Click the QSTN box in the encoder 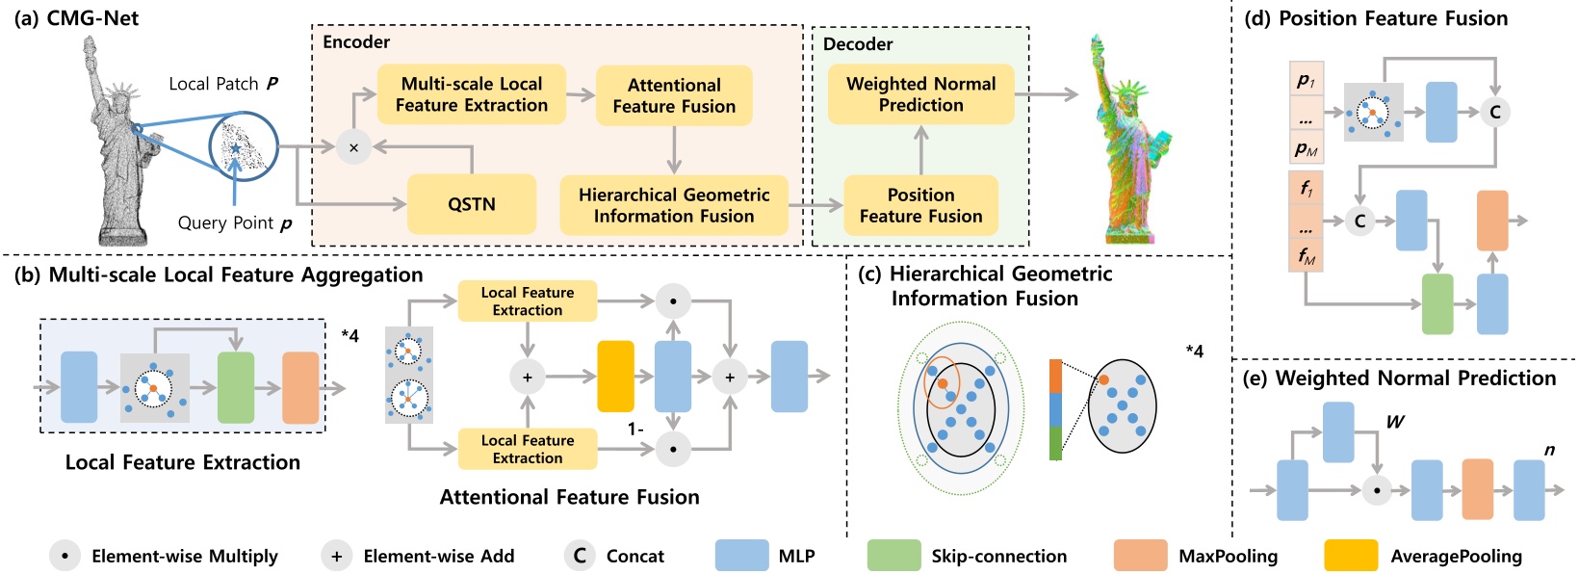pos(471,204)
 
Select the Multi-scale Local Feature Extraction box pos(471,94)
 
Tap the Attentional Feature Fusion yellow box pos(674,95)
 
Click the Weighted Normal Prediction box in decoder pos(920,94)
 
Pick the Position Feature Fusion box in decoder pos(920,205)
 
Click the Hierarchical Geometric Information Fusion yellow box pos(674,205)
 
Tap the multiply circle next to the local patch pos(353,147)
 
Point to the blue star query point pos(236,148)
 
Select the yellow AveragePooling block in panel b pos(616,377)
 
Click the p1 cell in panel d pos(1306,80)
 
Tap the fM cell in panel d pos(1306,255)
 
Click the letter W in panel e pos(1394,422)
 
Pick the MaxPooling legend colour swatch pos(1140,556)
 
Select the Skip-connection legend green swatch pos(893,556)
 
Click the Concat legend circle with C pos(580,556)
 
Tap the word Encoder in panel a pos(356,42)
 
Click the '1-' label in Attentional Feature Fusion pos(635,430)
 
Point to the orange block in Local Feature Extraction pos(300,388)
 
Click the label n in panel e pos(1549,450)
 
